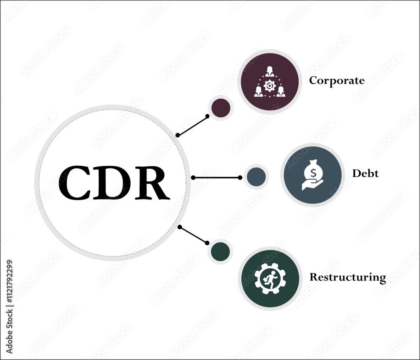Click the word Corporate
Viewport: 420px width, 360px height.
pyautogui.click(x=337, y=80)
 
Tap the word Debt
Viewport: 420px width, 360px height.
pyautogui.click(x=365, y=173)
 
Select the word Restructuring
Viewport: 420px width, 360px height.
pyautogui.click(x=348, y=277)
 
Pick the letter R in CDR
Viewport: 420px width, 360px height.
pyautogui.click(x=152, y=183)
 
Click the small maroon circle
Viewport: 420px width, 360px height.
pyautogui.click(x=221, y=108)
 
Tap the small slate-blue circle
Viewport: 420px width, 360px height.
pyautogui.click(x=256, y=177)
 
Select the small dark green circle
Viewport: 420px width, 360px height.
pyautogui.click(x=220, y=252)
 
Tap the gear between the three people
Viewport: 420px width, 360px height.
pyautogui.click(x=270, y=86)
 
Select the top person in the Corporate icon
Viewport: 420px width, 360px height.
pyautogui.click(x=270, y=71)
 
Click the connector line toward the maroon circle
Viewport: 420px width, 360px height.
pyautogui.click(x=193, y=126)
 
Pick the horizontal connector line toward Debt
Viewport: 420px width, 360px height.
pyautogui.click(x=216, y=178)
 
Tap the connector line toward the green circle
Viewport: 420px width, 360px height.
pyautogui.click(x=193, y=235)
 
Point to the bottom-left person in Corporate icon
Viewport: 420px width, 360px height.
pyautogui.click(x=258, y=92)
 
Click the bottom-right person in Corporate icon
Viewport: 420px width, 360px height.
pyautogui.click(x=281, y=92)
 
